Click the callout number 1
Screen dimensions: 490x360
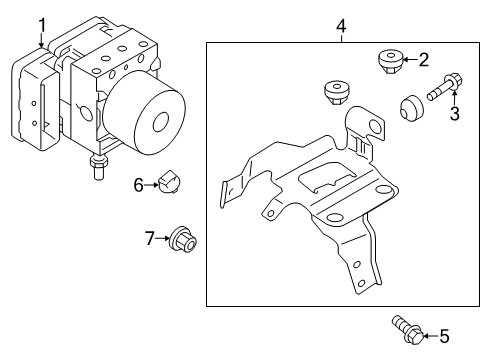click(x=42, y=26)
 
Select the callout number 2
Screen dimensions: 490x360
click(x=423, y=60)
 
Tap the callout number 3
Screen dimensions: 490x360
click(x=455, y=113)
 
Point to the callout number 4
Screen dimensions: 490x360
click(x=341, y=26)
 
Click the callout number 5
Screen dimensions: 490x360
click(x=444, y=336)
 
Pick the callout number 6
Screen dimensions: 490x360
click(x=138, y=185)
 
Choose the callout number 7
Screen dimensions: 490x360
click(x=150, y=238)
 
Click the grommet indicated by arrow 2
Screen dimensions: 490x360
click(x=390, y=62)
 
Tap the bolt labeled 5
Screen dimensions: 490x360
click(x=408, y=330)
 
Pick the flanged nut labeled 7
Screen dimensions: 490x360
click(x=183, y=239)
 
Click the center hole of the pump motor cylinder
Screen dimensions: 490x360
click(x=161, y=122)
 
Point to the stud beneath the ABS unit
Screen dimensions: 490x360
click(x=99, y=167)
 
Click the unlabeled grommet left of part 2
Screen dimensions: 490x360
click(x=337, y=92)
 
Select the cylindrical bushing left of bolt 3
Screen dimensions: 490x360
click(x=411, y=108)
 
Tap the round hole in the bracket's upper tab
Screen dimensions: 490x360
click(x=375, y=126)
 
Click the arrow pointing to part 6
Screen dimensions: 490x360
click(x=152, y=185)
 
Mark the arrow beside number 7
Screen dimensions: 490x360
click(x=163, y=238)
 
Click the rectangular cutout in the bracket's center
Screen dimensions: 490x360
click(x=327, y=176)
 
